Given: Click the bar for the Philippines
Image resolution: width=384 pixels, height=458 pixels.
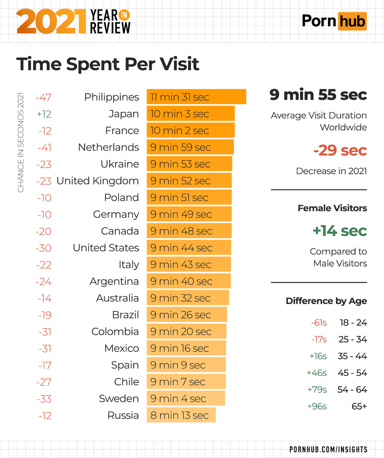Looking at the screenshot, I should [x=196, y=97].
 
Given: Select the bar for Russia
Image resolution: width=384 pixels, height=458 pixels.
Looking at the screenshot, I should [x=181, y=415].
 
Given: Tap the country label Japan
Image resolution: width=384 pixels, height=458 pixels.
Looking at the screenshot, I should [x=123, y=114].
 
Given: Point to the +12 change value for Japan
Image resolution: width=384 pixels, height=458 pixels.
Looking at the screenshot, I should [x=44, y=114].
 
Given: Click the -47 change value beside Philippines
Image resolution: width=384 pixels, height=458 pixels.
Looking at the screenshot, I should [x=43, y=97].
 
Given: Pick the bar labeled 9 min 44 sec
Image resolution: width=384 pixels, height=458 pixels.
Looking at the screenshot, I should [x=189, y=248].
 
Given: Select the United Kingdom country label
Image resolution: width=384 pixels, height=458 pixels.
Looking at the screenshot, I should [x=98, y=181].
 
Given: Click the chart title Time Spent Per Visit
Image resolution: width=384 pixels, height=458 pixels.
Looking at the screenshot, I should [x=108, y=64].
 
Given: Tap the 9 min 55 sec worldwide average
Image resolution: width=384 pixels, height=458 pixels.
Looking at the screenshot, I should [x=318, y=95].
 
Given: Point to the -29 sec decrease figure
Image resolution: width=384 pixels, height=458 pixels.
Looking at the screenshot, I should [x=340, y=150].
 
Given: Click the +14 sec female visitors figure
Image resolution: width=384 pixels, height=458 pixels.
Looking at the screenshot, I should [x=339, y=231].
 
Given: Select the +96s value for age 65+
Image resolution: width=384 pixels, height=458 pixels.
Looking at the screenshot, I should [x=317, y=406].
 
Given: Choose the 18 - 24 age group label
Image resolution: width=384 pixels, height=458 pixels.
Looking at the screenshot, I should [x=353, y=323].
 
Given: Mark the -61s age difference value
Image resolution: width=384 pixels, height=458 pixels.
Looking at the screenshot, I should [x=319, y=323].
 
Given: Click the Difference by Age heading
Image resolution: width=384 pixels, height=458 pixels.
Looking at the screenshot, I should [x=326, y=301].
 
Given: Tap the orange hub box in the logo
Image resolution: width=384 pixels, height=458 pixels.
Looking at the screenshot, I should [x=352, y=21].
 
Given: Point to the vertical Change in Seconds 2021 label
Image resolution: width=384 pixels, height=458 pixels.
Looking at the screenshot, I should [x=21, y=143].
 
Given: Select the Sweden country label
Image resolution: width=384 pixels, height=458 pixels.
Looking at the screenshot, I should [x=119, y=398].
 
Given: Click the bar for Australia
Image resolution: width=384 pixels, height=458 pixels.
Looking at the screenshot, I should [x=188, y=298].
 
